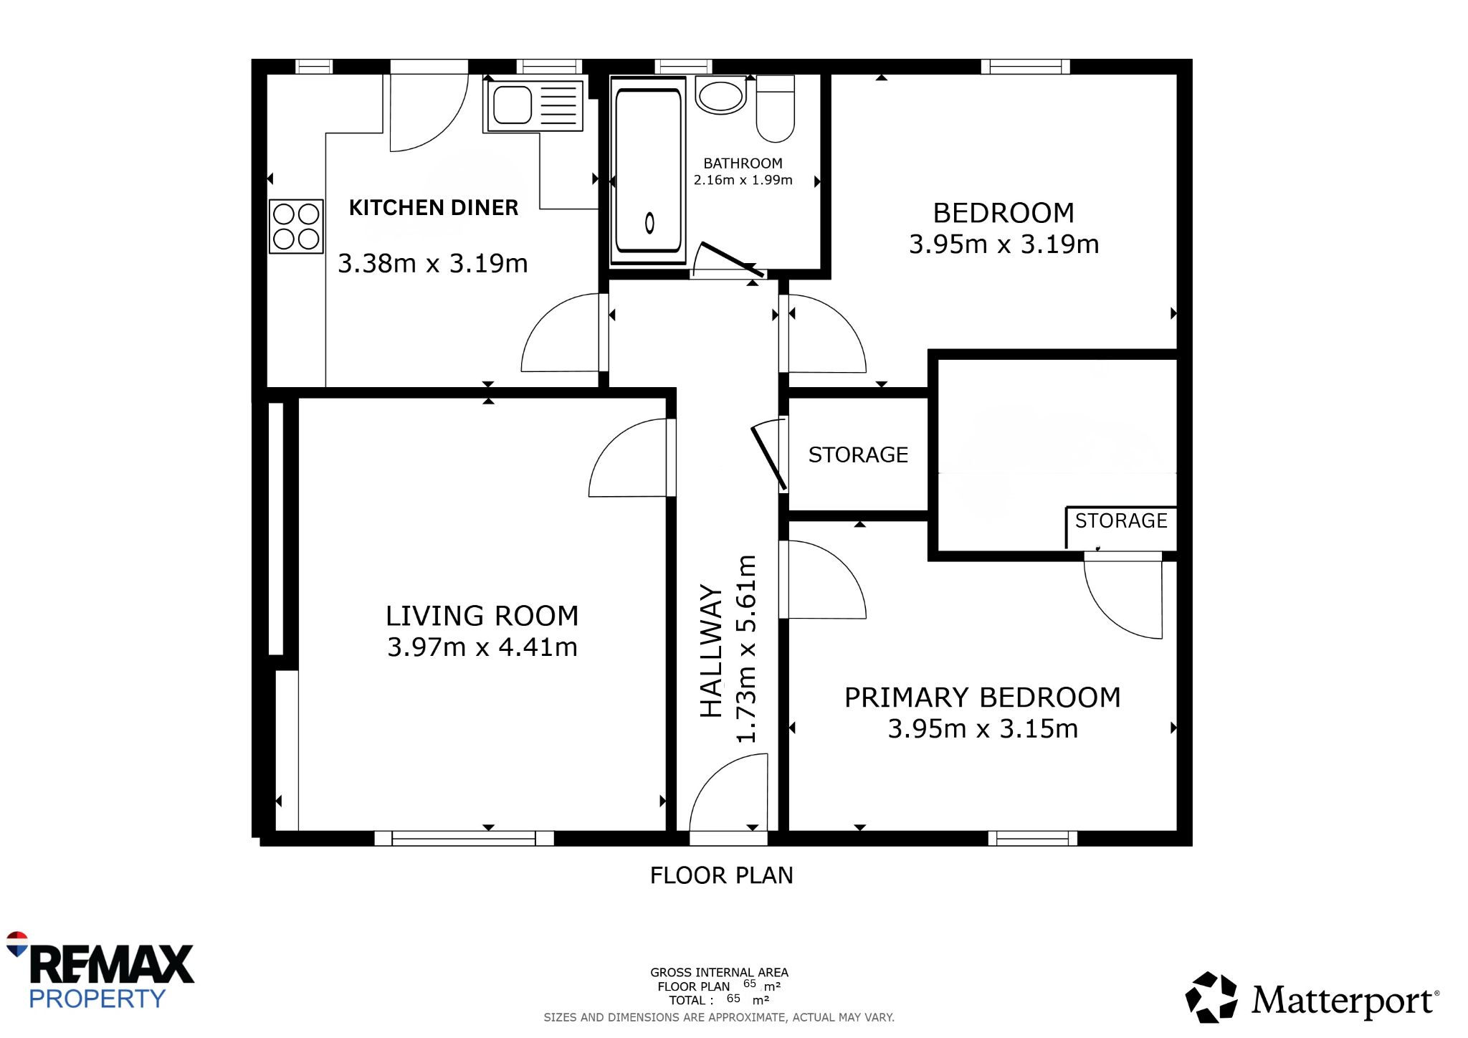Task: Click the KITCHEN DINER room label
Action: (x=433, y=208)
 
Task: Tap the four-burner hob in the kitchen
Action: (x=296, y=226)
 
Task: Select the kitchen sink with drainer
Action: (x=535, y=105)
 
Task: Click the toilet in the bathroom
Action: (x=776, y=108)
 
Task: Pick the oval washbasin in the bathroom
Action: (x=720, y=96)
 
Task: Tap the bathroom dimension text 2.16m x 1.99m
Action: (x=743, y=180)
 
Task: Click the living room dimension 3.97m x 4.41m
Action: (x=482, y=647)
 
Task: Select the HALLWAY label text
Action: (x=711, y=651)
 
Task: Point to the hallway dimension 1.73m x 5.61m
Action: (x=746, y=649)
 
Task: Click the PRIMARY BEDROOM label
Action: (x=982, y=697)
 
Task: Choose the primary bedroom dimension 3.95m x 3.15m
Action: (x=983, y=729)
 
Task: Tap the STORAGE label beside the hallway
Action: (x=858, y=454)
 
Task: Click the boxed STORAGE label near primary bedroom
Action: (x=1121, y=520)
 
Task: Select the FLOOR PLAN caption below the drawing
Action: (x=721, y=875)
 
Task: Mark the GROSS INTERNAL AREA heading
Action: (x=719, y=973)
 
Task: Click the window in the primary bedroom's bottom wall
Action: (x=1032, y=838)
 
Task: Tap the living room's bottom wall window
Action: (x=464, y=838)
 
